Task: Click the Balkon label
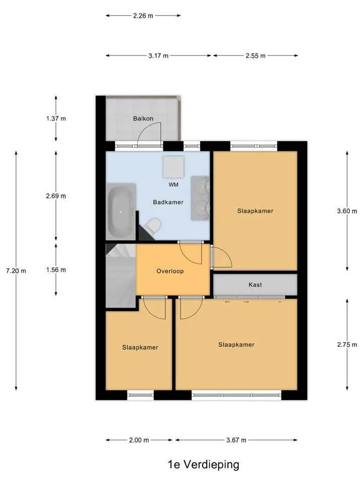click(x=143, y=118)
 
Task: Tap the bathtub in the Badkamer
click(x=121, y=211)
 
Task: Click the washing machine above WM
click(x=173, y=167)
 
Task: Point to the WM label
click(x=173, y=185)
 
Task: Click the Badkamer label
click(x=168, y=202)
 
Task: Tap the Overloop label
click(x=170, y=271)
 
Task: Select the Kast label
click(x=255, y=284)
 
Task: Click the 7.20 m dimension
click(x=16, y=271)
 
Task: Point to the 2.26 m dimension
click(x=143, y=16)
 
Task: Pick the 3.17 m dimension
click(x=158, y=56)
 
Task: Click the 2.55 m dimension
click(x=256, y=56)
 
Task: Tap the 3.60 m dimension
click(x=347, y=211)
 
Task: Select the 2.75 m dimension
click(x=347, y=344)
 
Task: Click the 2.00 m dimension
click(x=139, y=440)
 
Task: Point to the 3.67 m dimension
click(x=236, y=440)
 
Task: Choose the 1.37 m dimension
click(x=56, y=118)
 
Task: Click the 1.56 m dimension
click(x=56, y=270)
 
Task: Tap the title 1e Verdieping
click(x=203, y=464)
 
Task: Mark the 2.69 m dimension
click(x=56, y=196)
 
